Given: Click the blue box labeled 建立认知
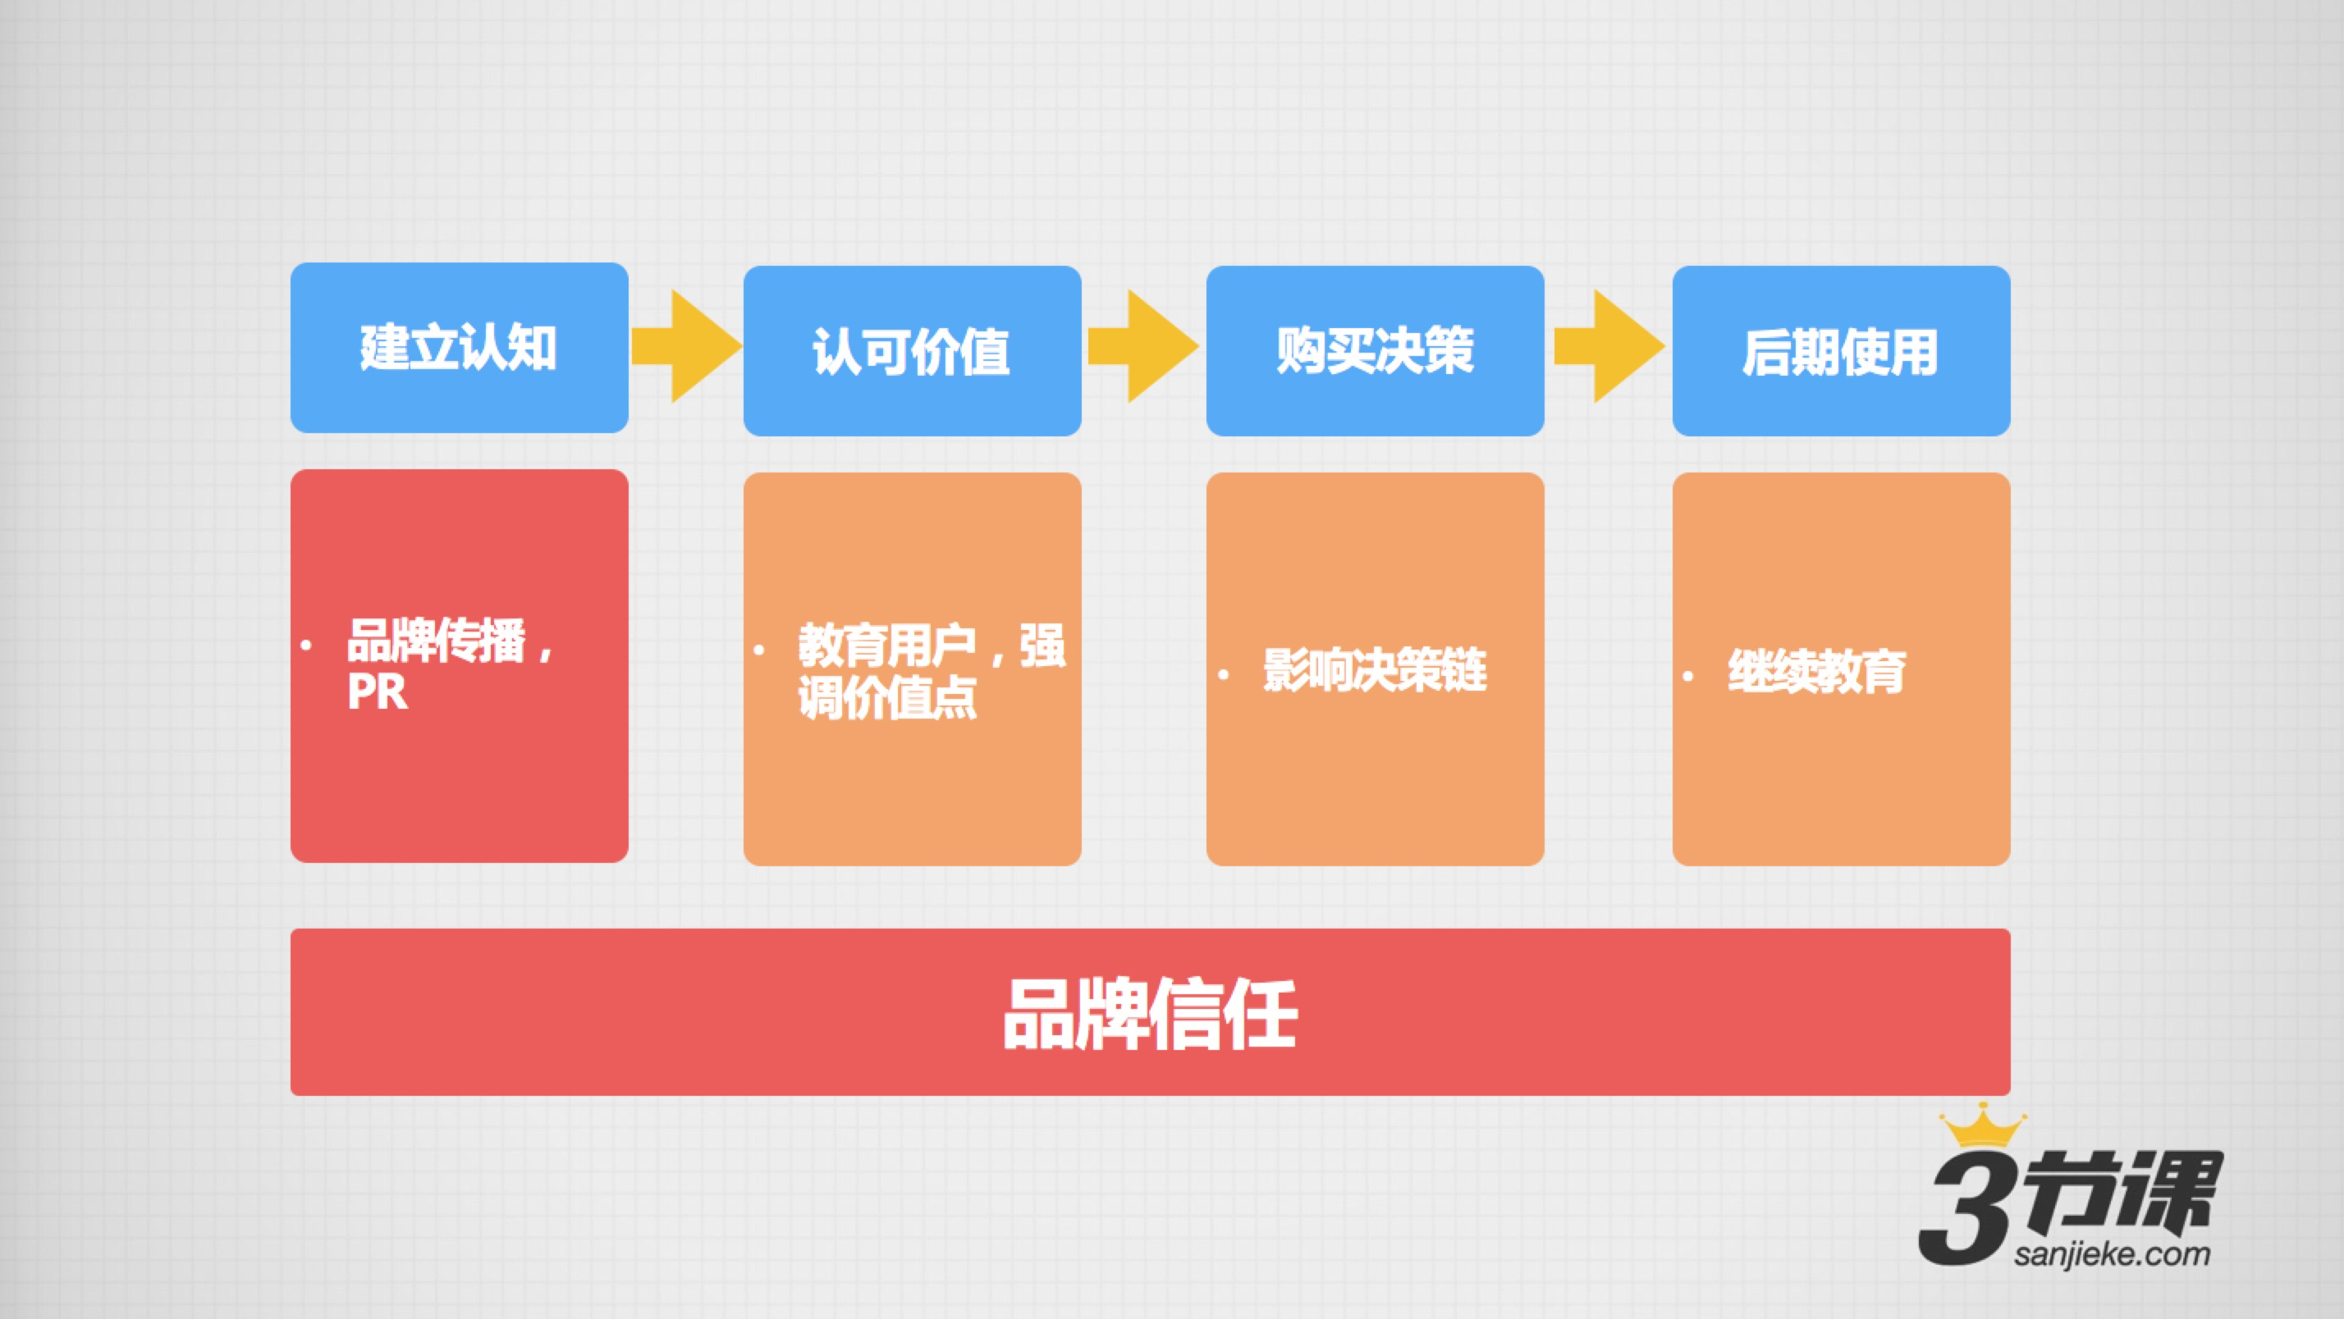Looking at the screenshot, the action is tap(459, 348).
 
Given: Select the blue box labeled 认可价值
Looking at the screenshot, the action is tap(912, 350).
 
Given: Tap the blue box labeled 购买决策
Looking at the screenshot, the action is tap(1375, 350).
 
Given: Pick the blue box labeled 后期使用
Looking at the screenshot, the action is tap(1841, 350).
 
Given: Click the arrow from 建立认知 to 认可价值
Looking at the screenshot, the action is tap(686, 345).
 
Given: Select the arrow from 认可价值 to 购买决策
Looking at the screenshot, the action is tap(1143, 345).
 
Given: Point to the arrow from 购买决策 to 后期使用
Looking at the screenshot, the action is tap(1609, 345).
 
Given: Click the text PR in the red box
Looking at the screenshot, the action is tap(377, 692).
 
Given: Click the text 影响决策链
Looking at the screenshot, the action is tap(1374, 670).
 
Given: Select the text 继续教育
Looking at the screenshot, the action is tap(1816, 673).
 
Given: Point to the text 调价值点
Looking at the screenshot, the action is tap(887, 698).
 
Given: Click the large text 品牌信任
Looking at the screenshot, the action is tap(1150, 1014).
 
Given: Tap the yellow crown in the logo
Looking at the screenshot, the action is tap(1982, 1125).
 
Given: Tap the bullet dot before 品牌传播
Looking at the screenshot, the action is tap(306, 645).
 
